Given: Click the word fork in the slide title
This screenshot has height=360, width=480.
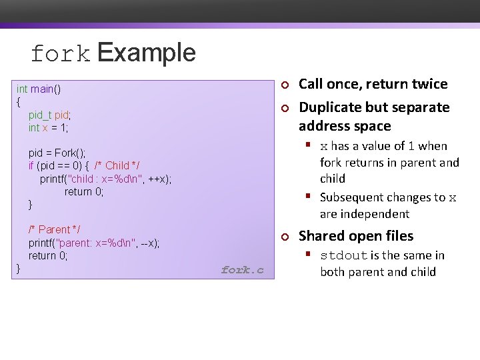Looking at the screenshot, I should (x=59, y=54).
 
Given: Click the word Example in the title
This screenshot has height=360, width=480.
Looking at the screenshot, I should (x=147, y=53).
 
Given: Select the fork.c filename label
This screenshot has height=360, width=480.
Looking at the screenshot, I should (x=242, y=270).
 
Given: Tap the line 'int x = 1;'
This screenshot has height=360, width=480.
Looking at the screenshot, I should (x=48, y=127).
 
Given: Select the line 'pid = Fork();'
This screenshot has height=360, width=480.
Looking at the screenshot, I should (x=57, y=153).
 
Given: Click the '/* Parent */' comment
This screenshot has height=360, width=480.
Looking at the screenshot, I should (x=55, y=230).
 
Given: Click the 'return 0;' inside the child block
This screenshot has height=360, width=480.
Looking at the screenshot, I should (x=84, y=191).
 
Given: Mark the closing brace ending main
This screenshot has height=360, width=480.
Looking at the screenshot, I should (x=19, y=268).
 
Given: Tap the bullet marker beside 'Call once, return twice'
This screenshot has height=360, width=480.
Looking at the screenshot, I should (x=283, y=85).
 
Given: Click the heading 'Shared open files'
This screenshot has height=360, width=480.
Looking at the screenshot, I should (x=355, y=236).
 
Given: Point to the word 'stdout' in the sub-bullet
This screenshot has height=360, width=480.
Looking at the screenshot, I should (x=344, y=256).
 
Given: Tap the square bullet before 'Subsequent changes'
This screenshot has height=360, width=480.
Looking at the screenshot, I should (x=309, y=196).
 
